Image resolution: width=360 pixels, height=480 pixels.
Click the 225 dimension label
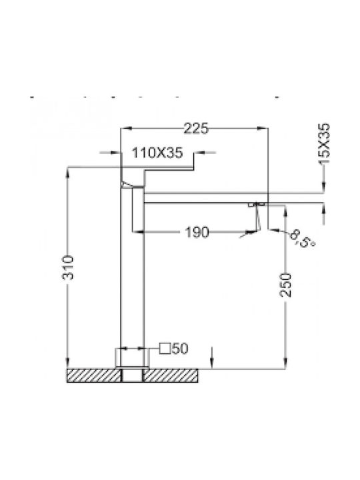(196, 128)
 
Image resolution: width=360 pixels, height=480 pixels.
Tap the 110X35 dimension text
(157, 153)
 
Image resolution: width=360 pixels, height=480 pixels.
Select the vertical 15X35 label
(324, 144)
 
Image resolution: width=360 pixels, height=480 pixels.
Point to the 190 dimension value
(197, 233)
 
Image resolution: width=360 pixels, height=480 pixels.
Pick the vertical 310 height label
(68, 267)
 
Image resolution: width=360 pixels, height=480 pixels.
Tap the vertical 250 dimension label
(285, 285)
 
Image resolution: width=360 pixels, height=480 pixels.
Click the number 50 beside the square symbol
(180, 349)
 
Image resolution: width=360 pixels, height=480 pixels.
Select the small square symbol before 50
(165, 349)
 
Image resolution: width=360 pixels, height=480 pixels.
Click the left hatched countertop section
(94, 375)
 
